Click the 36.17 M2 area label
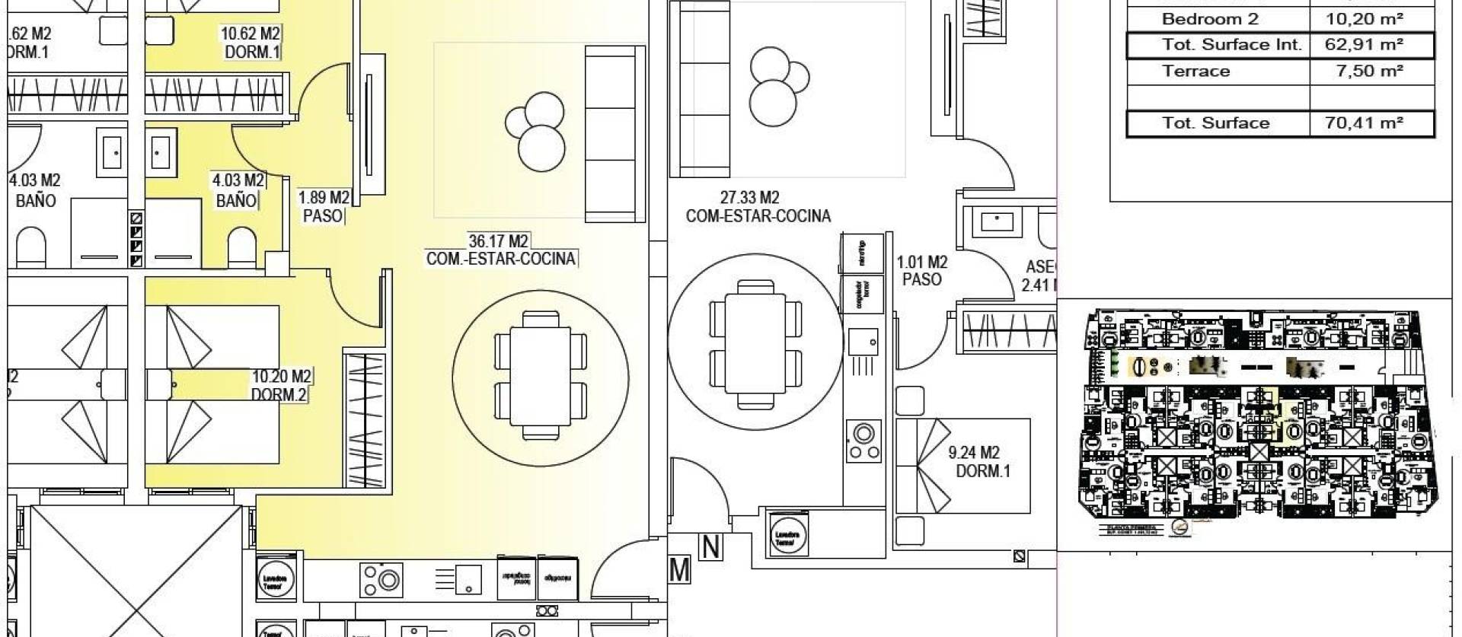(499, 241)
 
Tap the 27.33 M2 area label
(749, 198)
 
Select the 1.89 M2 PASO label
(323, 207)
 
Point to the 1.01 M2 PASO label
(921, 271)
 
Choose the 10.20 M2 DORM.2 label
(280, 385)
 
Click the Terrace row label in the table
(1195, 72)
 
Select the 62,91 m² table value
(1363, 45)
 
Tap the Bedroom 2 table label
(1210, 20)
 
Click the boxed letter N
(711, 547)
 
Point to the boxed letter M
(679, 569)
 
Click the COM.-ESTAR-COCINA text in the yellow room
(500, 259)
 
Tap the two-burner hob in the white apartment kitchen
(863, 441)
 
